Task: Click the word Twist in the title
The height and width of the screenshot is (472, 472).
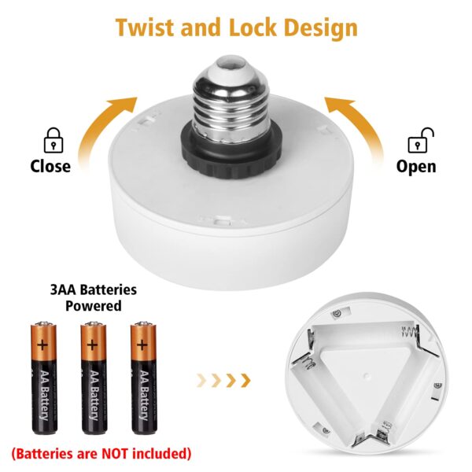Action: pyautogui.click(x=146, y=28)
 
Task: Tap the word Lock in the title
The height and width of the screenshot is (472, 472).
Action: pyautogui.click(x=253, y=28)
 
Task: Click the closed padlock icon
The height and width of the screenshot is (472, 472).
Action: pyautogui.click(x=53, y=141)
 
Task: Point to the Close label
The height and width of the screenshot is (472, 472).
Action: pyautogui.click(x=50, y=166)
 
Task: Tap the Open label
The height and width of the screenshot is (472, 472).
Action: pyautogui.click(x=416, y=167)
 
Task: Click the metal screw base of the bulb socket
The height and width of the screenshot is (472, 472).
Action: pyautogui.click(x=231, y=99)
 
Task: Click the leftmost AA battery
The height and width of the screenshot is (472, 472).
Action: pyautogui.click(x=44, y=378)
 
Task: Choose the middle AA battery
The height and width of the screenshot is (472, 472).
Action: pyautogui.click(x=94, y=378)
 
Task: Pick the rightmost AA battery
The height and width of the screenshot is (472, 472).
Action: pyautogui.click(x=144, y=378)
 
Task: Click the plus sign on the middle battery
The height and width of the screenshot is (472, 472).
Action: pyautogui.click(x=92, y=345)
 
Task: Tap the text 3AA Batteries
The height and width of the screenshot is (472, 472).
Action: pyautogui.click(x=94, y=289)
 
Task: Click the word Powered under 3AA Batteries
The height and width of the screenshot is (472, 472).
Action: pyautogui.click(x=94, y=305)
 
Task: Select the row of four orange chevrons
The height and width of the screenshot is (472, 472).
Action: pyautogui.click(x=223, y=381)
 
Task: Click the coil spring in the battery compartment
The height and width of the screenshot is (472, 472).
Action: pyautogui.click(x=409, y=331)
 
